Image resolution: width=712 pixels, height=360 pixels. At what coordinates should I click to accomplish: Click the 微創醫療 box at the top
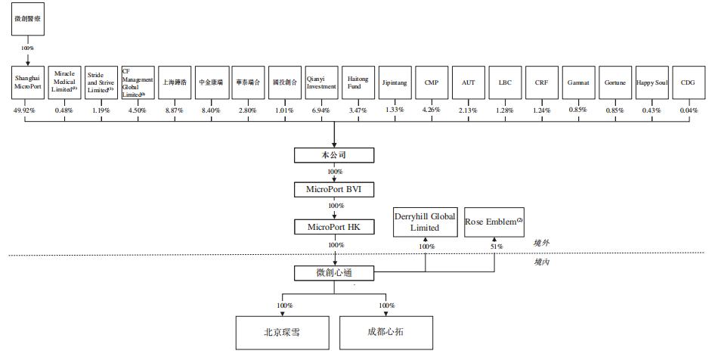point(28,18)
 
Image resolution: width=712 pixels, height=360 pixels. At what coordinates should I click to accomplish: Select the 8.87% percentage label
point(175,110)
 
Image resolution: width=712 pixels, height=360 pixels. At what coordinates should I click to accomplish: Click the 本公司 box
point(333,155)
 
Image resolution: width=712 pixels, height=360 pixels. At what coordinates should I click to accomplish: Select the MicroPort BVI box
point(333,188)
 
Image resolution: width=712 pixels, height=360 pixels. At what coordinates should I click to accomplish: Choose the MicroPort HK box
point(333,227)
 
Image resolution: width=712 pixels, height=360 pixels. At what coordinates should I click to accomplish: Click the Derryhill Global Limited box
point(425,222)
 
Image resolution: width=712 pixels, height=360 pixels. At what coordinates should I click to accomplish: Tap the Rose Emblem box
point(494,222)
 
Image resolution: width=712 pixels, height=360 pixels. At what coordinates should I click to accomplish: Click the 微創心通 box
point(333,272)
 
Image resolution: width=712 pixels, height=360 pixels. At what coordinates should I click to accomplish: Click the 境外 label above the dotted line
point(542,244)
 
